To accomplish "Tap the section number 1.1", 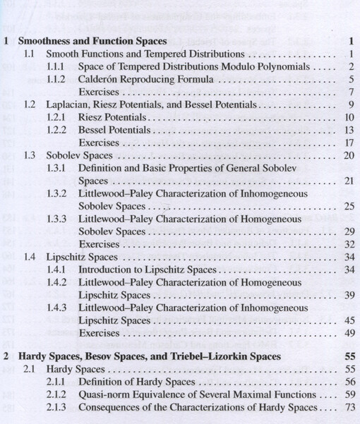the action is pos(30,54).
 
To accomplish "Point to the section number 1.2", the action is pos(30,105).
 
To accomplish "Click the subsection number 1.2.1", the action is pos(56,117).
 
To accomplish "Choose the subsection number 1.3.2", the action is pos(56,194).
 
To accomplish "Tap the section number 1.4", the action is pos(30,257).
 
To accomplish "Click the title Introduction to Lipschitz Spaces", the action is pos(147,269).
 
